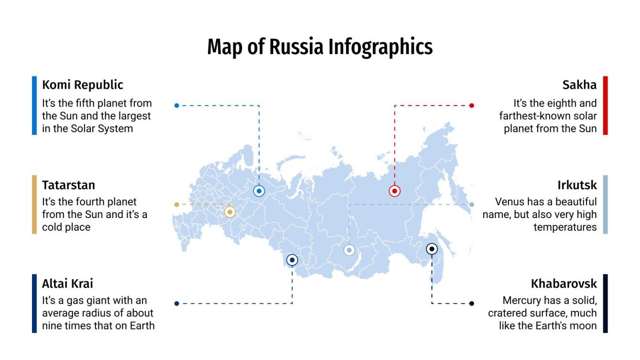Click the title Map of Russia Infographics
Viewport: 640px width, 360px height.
320,47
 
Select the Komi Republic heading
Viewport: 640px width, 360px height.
82,85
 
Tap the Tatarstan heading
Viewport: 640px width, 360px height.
68,185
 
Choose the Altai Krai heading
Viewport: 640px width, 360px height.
67,284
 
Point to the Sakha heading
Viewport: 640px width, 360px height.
579,85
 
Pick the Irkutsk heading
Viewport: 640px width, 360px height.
577,185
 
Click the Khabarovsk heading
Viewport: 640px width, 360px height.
563,284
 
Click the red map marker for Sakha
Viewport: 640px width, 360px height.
394,191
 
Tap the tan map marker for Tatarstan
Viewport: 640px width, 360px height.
230,212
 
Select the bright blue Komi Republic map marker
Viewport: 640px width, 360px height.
259,191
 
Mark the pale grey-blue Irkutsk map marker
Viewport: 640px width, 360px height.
349,250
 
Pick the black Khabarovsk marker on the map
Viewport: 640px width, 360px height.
431,249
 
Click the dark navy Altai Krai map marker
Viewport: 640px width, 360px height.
292,260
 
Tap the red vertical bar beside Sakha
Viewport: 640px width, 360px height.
605,105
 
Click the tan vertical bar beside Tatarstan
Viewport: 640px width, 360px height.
34,204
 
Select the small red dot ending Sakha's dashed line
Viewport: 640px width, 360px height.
472,106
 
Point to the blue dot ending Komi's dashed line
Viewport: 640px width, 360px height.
177,106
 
